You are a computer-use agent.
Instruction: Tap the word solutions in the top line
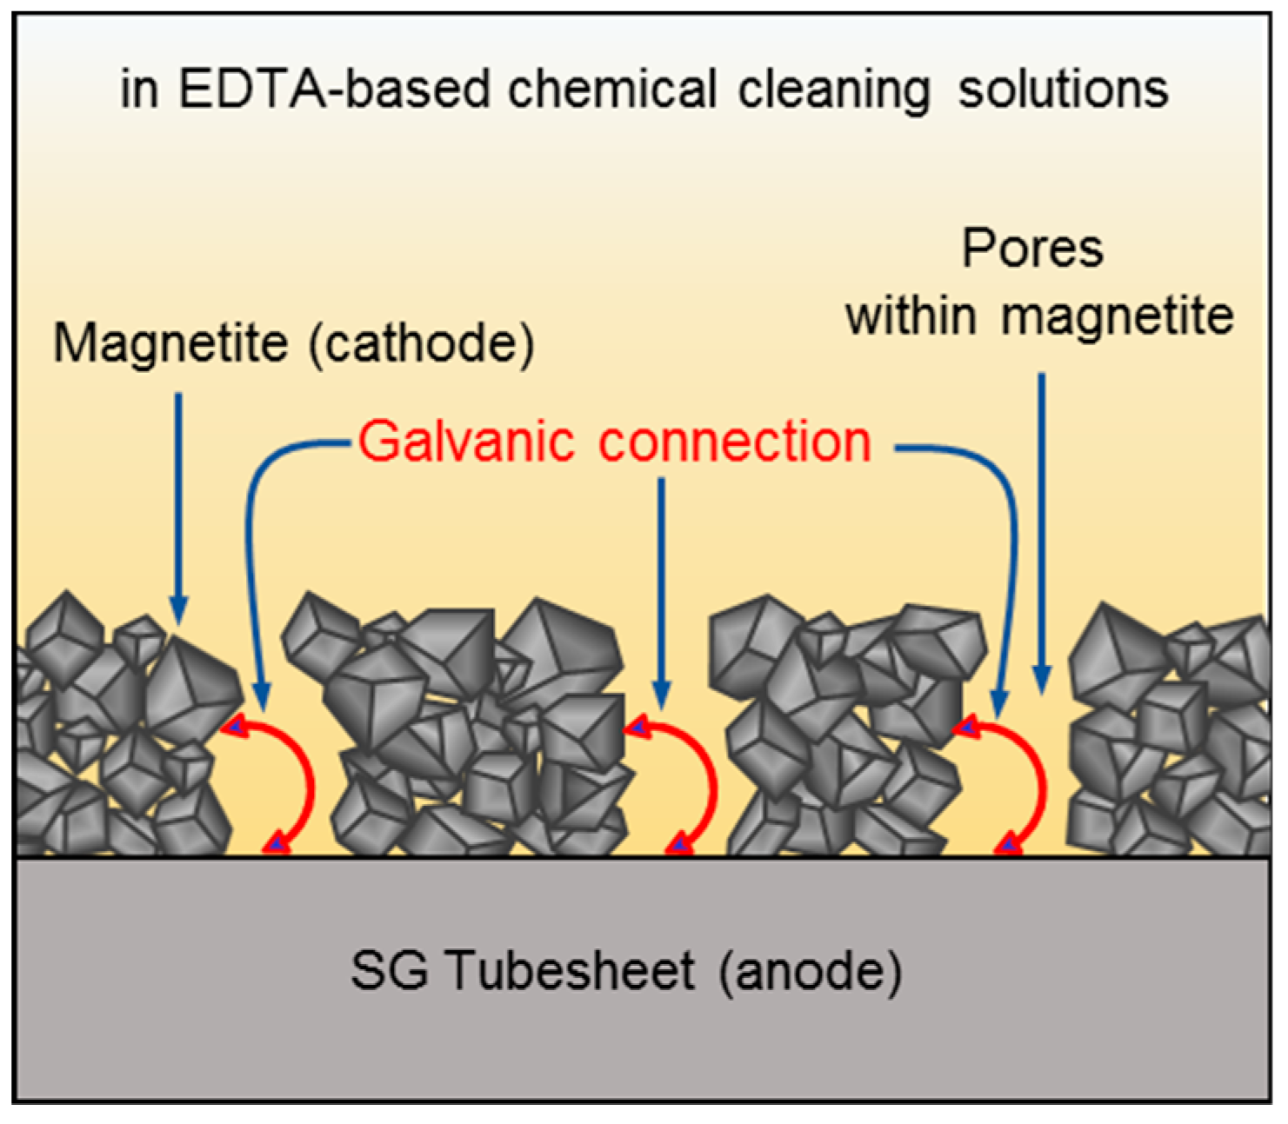tap(1063, 90)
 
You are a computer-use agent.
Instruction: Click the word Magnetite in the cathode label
tap(170, 343)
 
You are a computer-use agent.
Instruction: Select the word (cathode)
tap(422, 343)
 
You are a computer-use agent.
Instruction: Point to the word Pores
tap(1032, 249)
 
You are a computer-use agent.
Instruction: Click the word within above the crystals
tap(911, 316)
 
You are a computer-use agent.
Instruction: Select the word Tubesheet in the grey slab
tap(571, 970)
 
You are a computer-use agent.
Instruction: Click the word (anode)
tap(810, 970)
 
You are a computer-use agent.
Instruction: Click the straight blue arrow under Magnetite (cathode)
tap(178, 504)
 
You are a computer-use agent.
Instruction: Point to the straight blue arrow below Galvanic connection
tap(661, 591)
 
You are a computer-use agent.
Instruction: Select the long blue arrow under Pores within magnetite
tap(1042, 530)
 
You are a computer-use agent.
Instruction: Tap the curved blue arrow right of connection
tap(1009, 539)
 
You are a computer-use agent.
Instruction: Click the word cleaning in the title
tap(834, 90)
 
